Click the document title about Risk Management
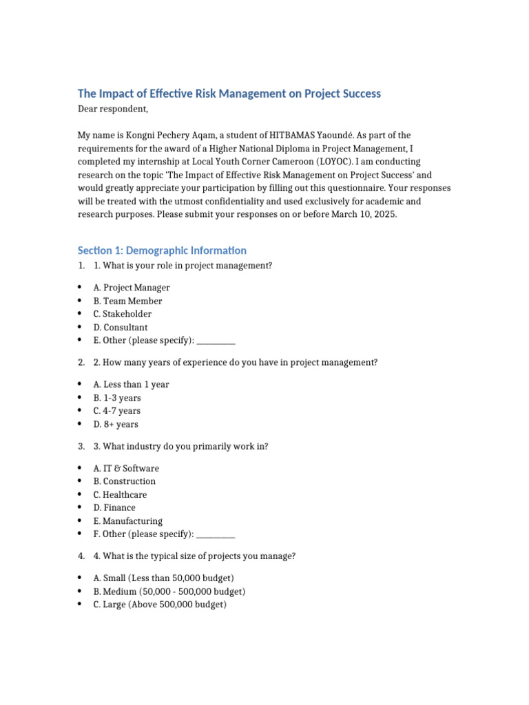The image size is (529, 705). tap(229, 94)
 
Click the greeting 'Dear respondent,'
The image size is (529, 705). tap(112, 109)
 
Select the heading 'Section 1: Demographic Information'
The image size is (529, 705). tap(162, 251)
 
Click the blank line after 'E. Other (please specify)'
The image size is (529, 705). tap(216, 341)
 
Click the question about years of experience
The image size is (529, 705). tap(236, 362)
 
